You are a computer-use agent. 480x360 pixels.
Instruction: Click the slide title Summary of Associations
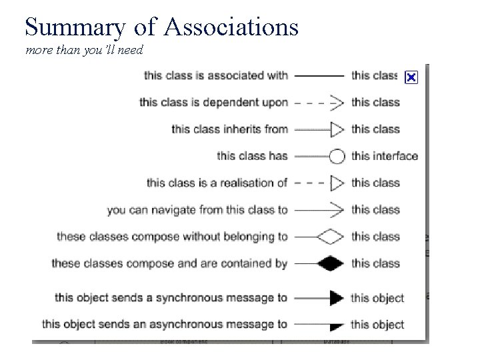pyautogui.click(x=161, y=26)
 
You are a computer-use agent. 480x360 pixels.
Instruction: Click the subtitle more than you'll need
pyautogui.click(x=84, y=51)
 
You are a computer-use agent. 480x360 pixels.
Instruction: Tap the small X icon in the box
pyautogui.click(x=411, y=78)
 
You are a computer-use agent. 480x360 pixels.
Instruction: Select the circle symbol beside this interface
pyautogui.click(x=337, y=156)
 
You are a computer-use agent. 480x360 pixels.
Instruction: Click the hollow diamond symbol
pyautogui.click(x=331, y=236)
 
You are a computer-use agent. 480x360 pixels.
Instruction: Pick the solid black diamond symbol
pyautogui.click(x=331, y=263)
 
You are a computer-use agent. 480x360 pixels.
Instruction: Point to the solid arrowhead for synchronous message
pyautogui.click(x=337, y=298)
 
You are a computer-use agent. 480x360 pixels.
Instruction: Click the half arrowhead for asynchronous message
pyautogui.click(x=337, y=325)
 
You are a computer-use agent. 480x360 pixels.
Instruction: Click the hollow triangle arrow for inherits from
pyautogui.click(x=337, y=129)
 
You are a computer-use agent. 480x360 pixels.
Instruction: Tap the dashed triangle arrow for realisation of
pyautogui.click(x=337, y=183)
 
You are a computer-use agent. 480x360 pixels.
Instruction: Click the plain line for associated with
pyautogui.click(x=319, y=75)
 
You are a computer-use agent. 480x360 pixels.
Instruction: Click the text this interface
pyautogui.click(x=385, y=156)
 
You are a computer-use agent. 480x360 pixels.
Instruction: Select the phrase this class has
pyautogui.click(x=252, y=156)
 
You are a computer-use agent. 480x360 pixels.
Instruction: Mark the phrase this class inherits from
pyautogui.click(x=229, y=129)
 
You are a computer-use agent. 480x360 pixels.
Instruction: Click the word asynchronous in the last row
pyautogui.click(x=196, y=325)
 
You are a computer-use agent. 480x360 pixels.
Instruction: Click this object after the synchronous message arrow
pyautogui.click(x=377, y=298)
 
